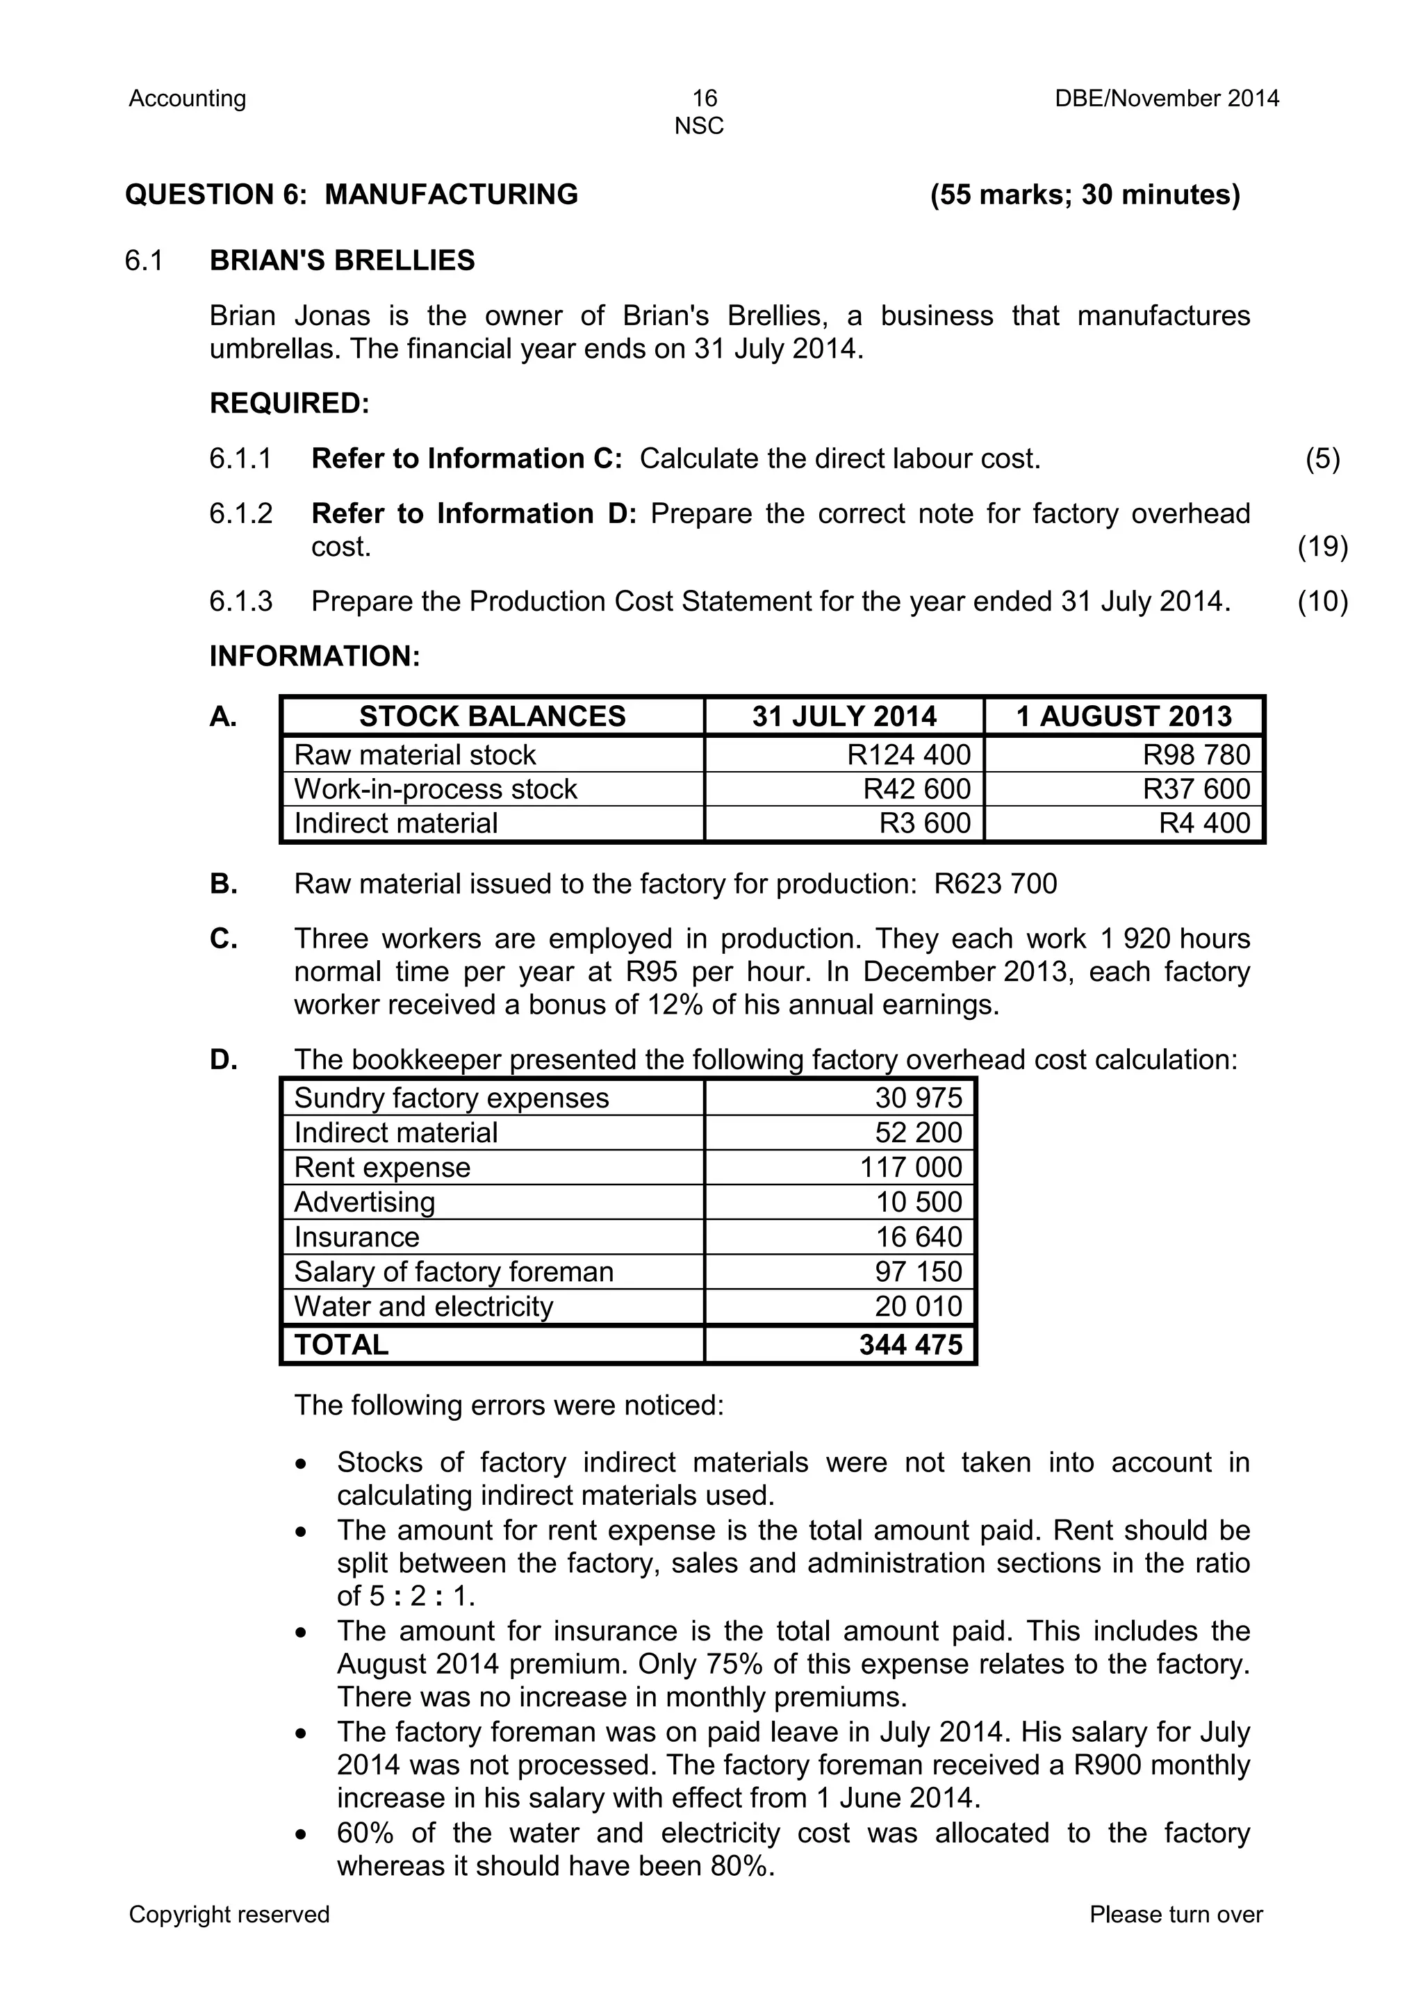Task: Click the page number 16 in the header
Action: [x=704, y=98]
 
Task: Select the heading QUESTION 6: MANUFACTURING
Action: [x=352, y=195]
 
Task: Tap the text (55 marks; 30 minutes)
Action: [x=1085, y=195]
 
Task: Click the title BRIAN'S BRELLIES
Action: [x=342, y=261]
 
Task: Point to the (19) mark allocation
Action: [x=1322, y=547]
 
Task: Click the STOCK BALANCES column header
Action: [x=493, y=716]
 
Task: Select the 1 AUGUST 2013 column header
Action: [x=1124, y=716]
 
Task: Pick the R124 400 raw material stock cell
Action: [x=909, y=754]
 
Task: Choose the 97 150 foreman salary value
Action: [x=919, y=1271]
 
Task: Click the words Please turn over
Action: [x=1176, y=1915]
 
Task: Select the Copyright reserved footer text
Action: [x=229, y=1915]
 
